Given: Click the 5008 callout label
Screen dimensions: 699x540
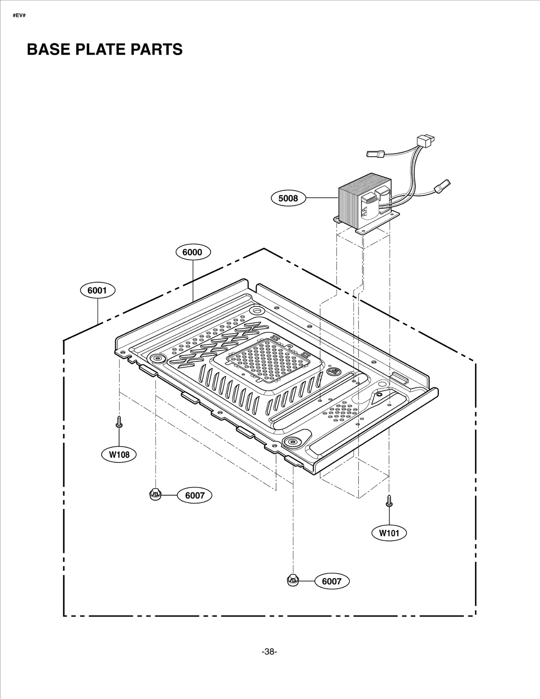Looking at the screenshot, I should coord(288,198).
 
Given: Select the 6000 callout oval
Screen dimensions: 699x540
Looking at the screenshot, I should coord(193,252).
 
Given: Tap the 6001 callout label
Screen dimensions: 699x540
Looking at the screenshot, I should coord(98,290).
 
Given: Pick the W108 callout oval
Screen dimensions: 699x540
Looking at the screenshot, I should coord(119,455).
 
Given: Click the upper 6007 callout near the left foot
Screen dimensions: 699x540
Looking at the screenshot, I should coord(195,495).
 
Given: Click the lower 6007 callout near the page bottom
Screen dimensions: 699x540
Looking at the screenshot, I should coord(332,581).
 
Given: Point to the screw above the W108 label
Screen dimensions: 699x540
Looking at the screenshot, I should coord(119,422).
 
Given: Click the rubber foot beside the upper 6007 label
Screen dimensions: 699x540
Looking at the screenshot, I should coord(155,495).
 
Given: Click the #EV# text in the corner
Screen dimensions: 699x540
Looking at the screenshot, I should coord(19,16).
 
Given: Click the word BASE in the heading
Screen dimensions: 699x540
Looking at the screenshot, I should coord(48,50).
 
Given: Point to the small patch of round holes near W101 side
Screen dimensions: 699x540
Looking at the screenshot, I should coord(341,412).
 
